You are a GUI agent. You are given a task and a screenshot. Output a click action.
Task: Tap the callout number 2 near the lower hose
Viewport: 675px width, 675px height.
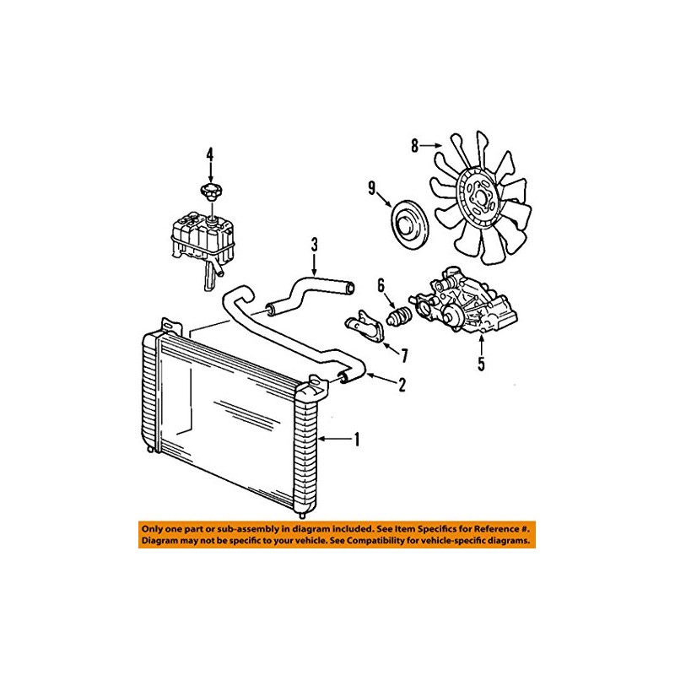(x=402, y=386)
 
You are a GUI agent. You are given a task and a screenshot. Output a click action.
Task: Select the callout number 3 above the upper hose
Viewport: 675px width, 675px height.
(x=314, y=246)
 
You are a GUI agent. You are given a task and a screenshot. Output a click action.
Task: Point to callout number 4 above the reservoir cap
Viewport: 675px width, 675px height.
(x=210, y=154)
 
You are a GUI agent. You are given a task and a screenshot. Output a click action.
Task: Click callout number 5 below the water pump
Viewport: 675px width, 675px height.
(x=481, y=364)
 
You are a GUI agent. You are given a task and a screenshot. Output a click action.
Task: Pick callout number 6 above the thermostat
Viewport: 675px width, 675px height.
(x=381, y=286)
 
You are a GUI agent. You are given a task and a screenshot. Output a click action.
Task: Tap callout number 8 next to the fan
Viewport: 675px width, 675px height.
(x=414, y=146)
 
